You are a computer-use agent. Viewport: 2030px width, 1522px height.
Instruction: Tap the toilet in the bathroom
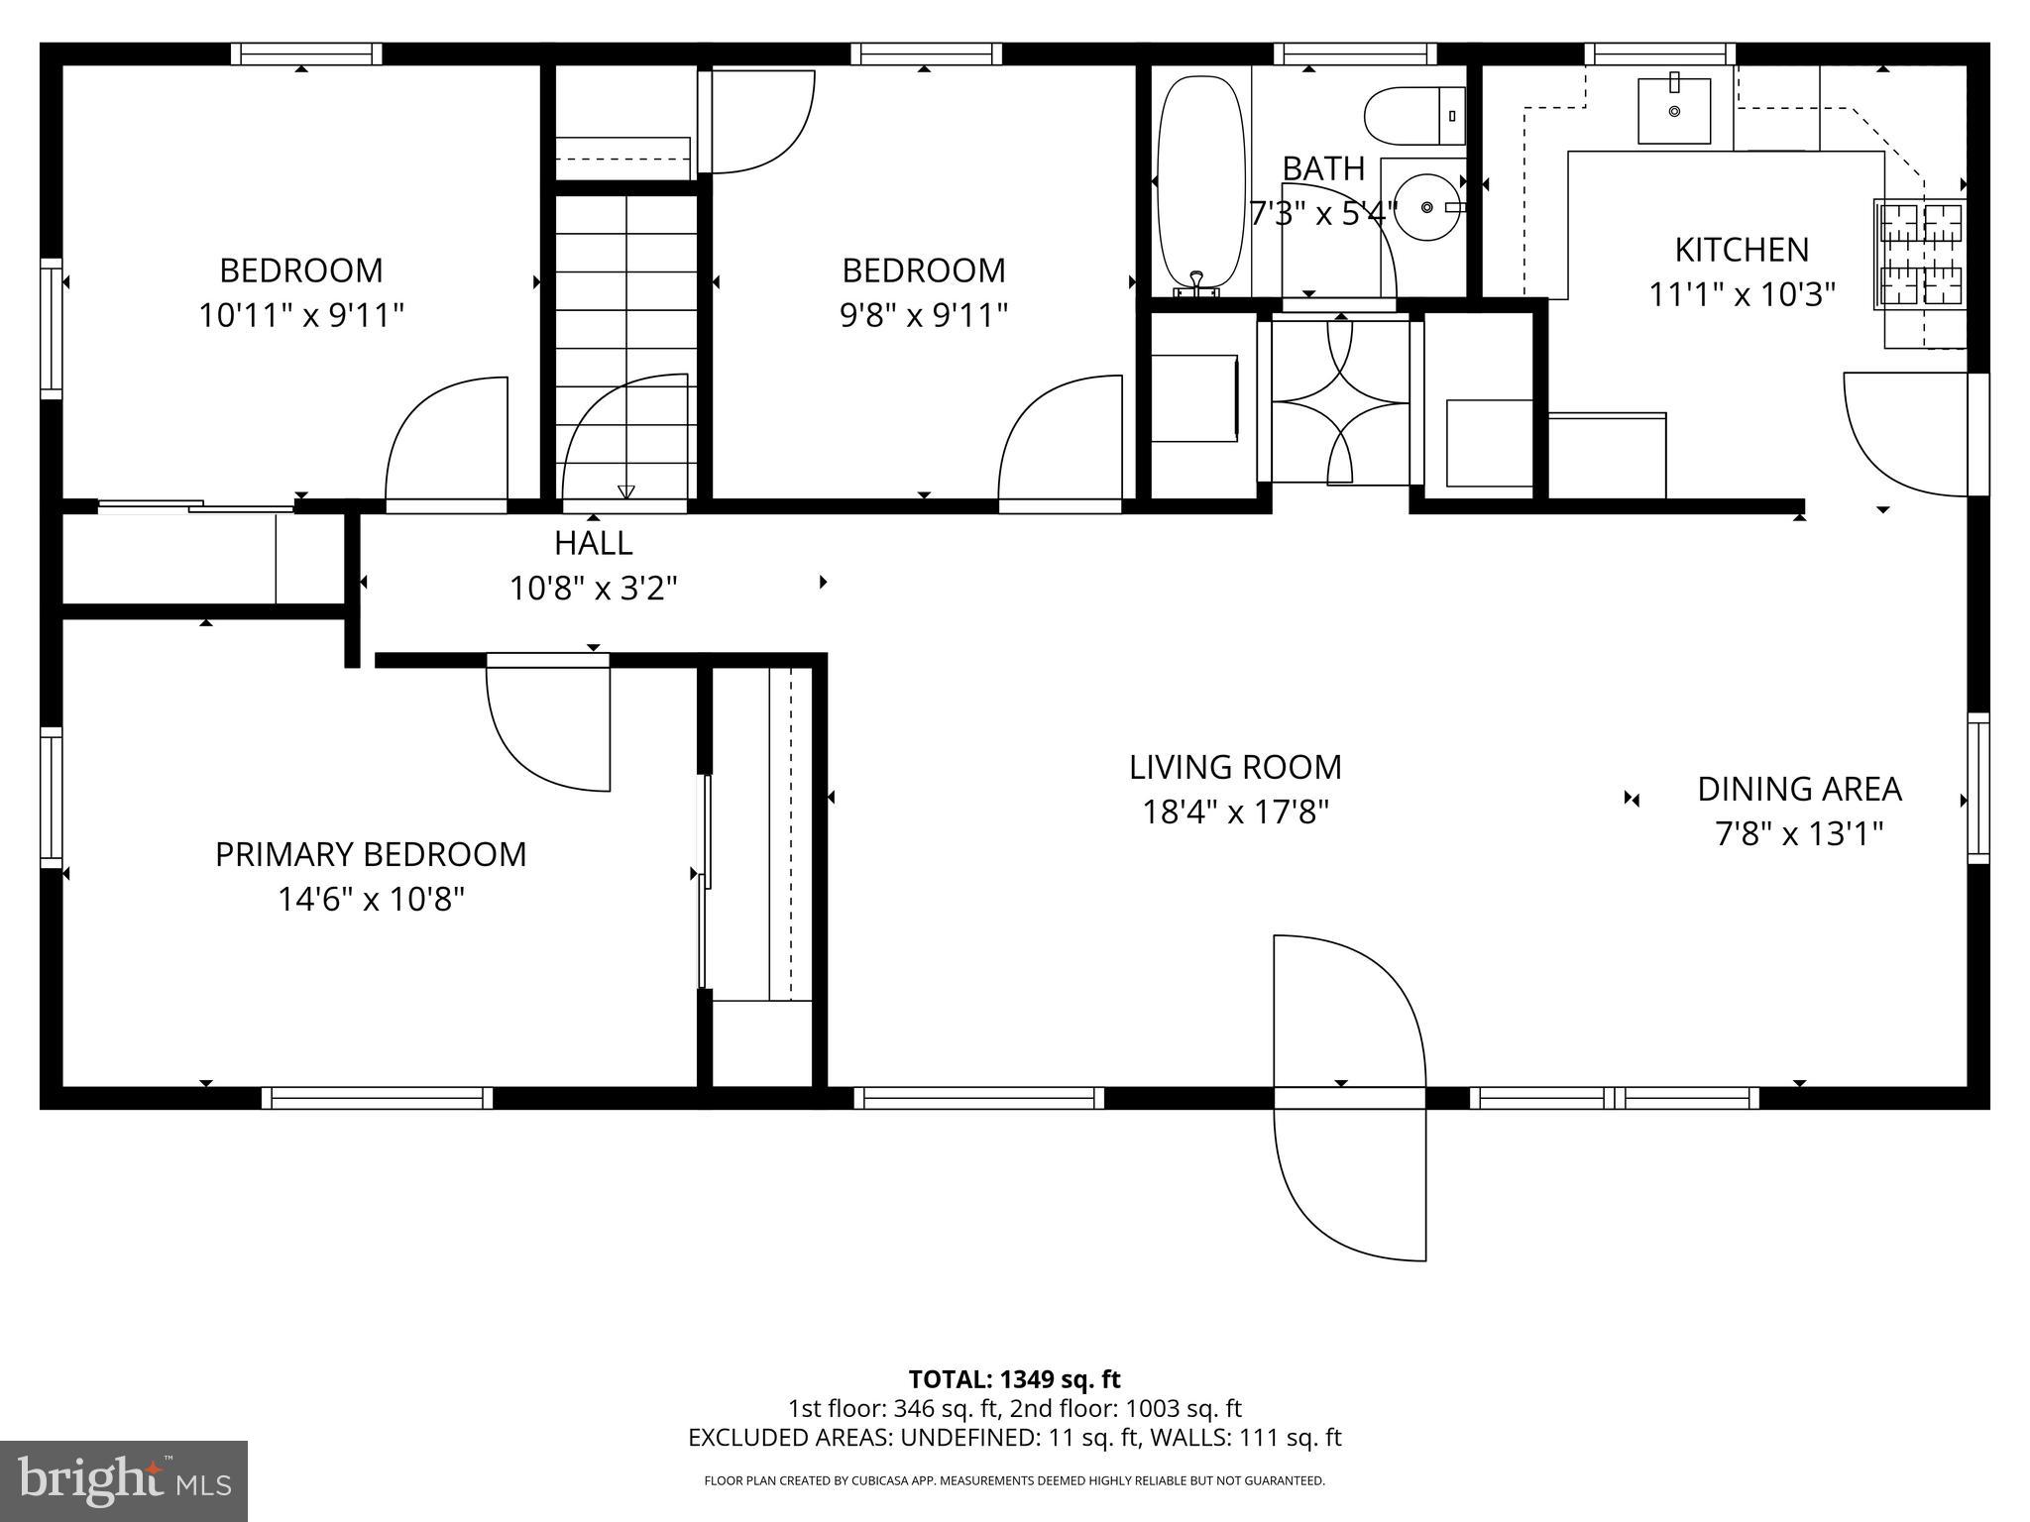pos(1412,116)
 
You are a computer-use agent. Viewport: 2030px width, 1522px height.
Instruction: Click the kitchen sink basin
pos(1674,111)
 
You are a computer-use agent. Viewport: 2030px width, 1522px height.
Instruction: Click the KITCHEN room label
pos(1742,249)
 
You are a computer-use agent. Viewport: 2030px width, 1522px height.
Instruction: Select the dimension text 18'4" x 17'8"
pos(1235,813)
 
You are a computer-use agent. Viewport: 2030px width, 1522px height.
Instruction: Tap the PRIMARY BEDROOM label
pos(371,854)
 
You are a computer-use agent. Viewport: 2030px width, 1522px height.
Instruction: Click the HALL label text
pos(593,543)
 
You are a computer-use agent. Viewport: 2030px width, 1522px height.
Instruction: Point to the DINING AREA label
pos(1799,789)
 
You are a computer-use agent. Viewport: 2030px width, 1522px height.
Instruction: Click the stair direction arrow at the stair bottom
pos(625,491)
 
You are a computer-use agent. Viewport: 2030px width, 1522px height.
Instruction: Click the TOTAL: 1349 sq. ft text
pos(1014,1379)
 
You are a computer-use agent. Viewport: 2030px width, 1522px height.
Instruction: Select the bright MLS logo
pos(124,1480)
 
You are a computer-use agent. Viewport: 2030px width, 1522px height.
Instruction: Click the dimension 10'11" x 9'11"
pos(301,316)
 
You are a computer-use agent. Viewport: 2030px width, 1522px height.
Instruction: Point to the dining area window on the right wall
pos(1977,788)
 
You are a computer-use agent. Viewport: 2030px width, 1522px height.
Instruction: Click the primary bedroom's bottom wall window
pos(377,1098)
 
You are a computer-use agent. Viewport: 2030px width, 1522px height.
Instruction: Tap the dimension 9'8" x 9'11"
pos(924,316)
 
